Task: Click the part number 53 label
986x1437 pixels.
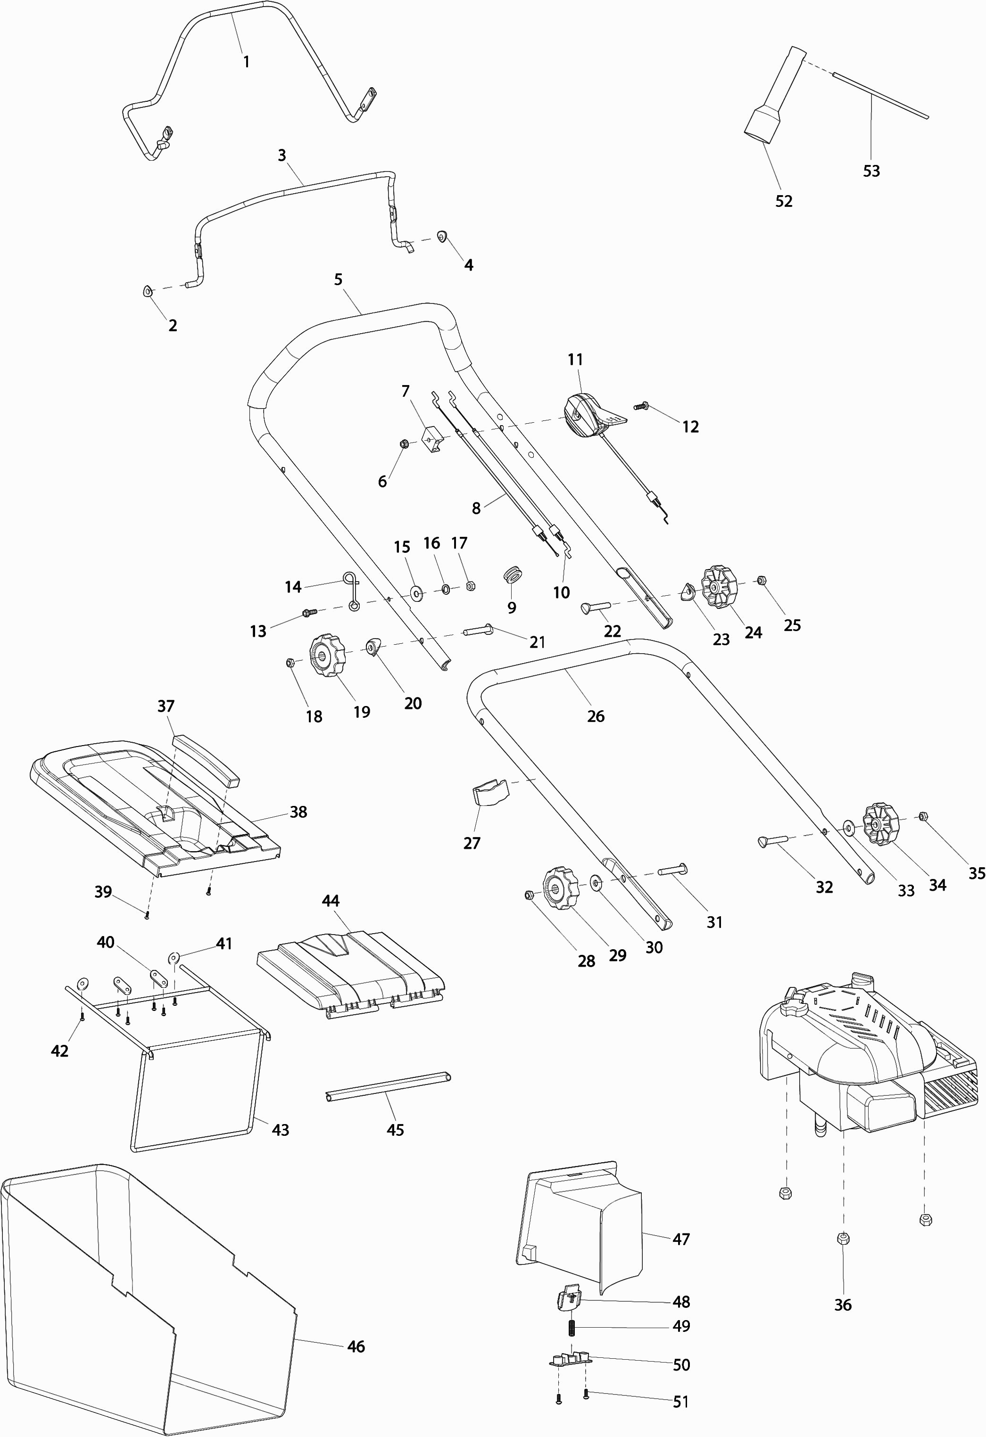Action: point(871,171)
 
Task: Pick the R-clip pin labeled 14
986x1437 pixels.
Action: point(351,591)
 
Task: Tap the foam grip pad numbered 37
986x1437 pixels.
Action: point(206,759)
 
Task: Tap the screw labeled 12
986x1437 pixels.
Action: point(641,406)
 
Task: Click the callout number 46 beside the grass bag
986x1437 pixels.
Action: point(356,1346)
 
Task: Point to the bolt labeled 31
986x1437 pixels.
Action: point(672,870)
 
